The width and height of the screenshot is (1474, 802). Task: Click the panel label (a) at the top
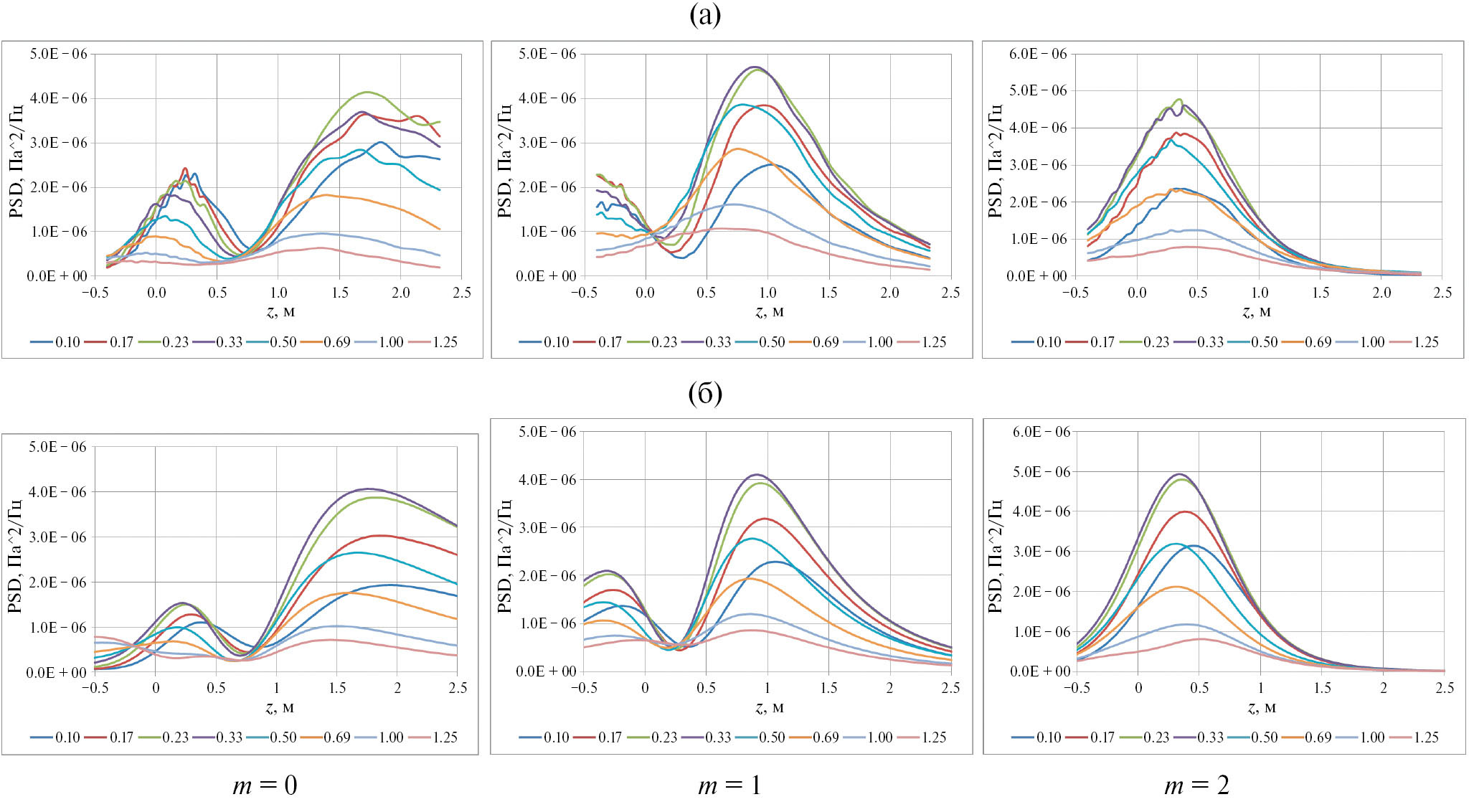pos(704,15)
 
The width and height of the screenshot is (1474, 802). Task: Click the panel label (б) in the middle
pos(704,393)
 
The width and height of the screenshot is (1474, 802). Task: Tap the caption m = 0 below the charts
pos(265,786)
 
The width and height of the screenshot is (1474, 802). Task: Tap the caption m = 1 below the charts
pos(729,786)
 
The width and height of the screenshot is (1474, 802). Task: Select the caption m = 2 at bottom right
pos(1196,786)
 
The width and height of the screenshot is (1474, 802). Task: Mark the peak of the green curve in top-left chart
pos(367,92)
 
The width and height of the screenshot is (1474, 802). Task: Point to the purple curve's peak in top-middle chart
pos(755,67)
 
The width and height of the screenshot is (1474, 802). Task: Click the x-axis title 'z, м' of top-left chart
pos(280,311)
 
